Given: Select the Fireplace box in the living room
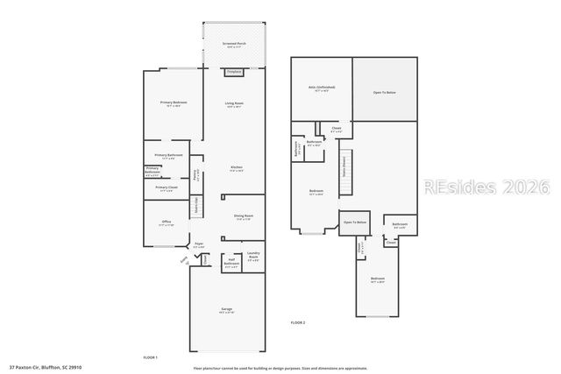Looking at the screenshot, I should (234, 73).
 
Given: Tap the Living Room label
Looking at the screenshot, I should (234, 104).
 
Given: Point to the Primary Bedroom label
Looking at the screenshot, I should (172, 104).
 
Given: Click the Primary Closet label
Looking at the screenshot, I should (167, 187).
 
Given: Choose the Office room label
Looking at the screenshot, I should (167, 223).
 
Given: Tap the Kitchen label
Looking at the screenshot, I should (237, 168).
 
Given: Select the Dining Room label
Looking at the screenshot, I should (244, 217).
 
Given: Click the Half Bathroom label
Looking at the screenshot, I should (231, 261).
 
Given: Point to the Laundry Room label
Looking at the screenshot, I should (253, 258).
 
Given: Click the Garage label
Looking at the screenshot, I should (227, 311).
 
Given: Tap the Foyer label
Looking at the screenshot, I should (199, 246).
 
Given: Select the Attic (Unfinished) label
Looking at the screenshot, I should (323, 88).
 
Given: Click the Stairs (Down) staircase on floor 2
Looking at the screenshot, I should (343, 166).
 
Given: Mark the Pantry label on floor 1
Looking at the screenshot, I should (196, 173).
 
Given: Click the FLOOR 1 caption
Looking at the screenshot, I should (150, 357).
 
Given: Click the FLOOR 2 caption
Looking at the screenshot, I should (298, 323).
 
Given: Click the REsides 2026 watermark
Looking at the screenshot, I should (486, 187).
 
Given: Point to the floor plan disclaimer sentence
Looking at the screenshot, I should (280, 367).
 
